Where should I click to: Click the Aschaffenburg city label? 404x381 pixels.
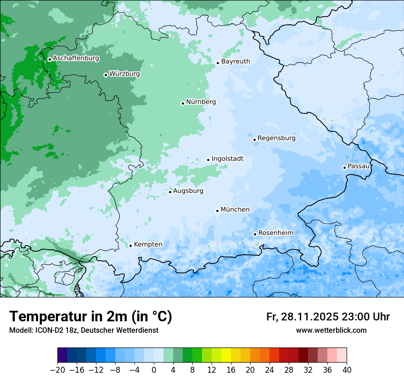pos(76,58)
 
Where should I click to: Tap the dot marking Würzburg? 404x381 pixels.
pos(106,75)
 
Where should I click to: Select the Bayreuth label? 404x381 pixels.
pos(236,62)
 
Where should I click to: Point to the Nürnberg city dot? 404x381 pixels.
pos(183,103)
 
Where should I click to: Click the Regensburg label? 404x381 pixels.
pos(276,138)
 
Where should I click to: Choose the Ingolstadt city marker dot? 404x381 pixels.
pos(208,160)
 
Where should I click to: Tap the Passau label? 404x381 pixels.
pos(359,166)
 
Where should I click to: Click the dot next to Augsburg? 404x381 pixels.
pos(170,192)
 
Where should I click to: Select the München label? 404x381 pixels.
pos(235,210)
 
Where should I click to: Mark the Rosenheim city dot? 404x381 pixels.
pos(255,234)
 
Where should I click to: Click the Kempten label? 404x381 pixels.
pos(148,245)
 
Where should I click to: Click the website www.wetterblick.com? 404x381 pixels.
pos(331,331)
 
